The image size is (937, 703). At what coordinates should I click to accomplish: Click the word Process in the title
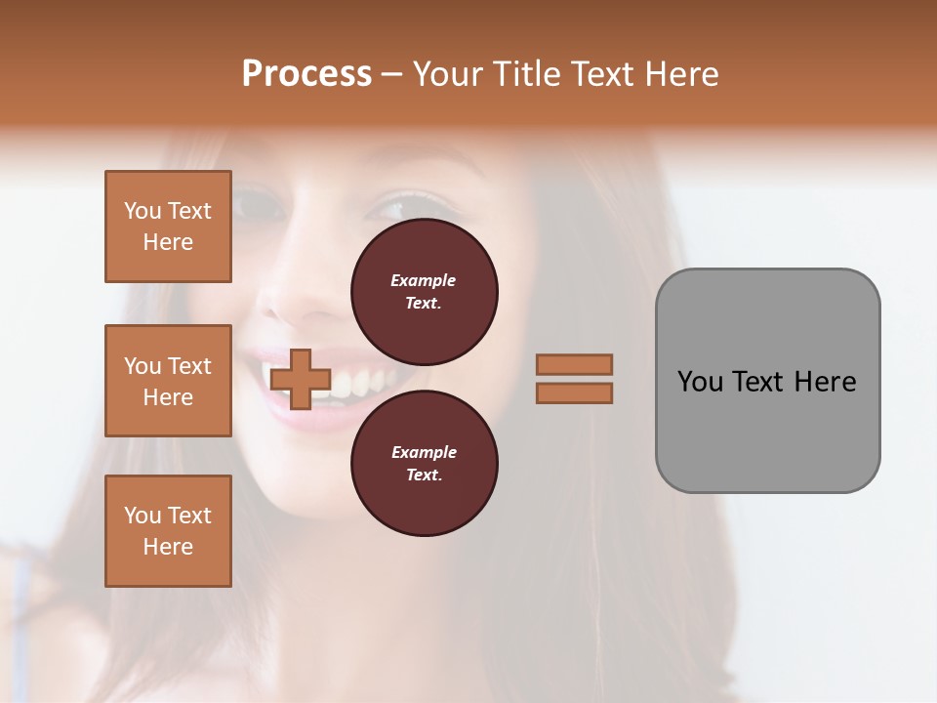[306, 74]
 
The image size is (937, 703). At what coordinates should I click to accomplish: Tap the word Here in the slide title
[677, 74]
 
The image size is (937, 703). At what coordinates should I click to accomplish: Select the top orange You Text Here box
[168, 227]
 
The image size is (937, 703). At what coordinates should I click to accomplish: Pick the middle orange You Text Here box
[168, 381]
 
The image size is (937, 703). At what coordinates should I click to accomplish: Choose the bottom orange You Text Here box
[168, 531]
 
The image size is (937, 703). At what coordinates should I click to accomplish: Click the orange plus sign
[301, 380]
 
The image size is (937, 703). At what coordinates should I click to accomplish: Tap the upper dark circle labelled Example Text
[424, 292]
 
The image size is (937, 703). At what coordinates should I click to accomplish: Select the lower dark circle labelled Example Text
[424, 464]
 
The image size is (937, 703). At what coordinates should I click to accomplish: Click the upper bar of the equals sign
[574, 364]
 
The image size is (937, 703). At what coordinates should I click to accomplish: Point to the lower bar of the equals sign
[574, 393]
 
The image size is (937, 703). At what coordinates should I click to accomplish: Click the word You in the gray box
[700, 382]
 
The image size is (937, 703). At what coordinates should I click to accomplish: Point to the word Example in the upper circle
[424, 280]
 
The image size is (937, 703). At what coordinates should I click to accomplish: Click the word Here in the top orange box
[168, 242]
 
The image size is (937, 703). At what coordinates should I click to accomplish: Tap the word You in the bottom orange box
[143, 516]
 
